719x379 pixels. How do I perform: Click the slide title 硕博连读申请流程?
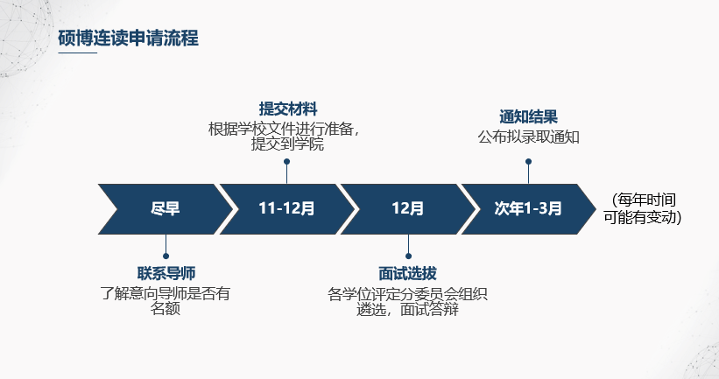128,38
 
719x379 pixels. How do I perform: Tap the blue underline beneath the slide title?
77,53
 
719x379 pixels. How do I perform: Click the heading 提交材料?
287,109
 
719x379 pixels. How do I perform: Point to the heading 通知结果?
528,117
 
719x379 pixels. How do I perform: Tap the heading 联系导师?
166,273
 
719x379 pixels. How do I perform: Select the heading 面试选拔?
407,273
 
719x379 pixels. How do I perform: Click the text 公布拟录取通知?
528,137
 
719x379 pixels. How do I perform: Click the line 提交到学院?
287,144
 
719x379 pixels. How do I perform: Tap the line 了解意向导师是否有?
166,293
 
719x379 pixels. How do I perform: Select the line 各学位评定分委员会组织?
407,293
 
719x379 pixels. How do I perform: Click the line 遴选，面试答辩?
407,309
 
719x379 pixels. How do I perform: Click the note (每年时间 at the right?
645,200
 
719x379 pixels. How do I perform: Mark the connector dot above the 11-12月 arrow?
286,162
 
